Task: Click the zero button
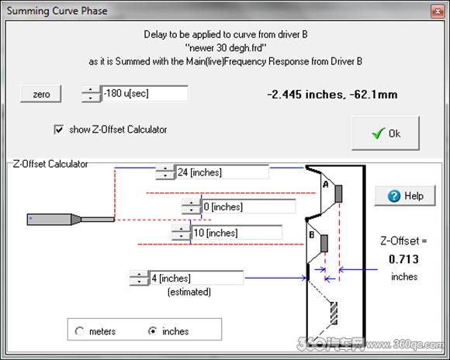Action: [x=41, y=94]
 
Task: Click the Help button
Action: [x=405, y=196]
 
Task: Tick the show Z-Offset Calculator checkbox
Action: [x=59, y=130]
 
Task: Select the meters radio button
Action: [x=79, y=331]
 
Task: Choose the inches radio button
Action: [x=153, y=331]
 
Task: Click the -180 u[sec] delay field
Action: [x=145, y=94]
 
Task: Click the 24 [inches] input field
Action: [x=223, y=172]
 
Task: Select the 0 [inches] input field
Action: [x=249, y=206]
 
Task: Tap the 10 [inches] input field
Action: [x=237, y=233]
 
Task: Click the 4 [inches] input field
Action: [x=196, y=278]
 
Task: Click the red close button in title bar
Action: [x=438, y=11]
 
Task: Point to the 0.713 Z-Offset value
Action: [x=403, y=259]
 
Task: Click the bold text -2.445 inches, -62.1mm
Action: [x=332, y=95]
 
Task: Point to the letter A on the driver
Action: [x=325, y=184]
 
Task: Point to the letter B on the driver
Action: [x=312, y=235]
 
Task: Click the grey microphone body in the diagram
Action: [x=49, y=220]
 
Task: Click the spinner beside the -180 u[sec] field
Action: [x=91, y=94]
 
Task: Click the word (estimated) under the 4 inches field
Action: [x=189, y=292]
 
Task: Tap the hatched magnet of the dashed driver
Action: [x=334, y=313]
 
